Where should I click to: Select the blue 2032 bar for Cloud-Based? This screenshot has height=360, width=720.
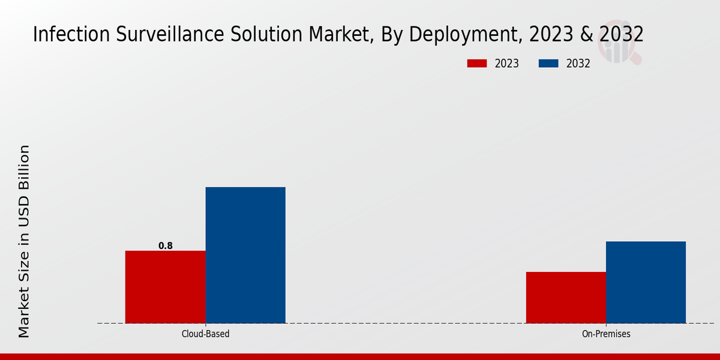[x=245, y=255]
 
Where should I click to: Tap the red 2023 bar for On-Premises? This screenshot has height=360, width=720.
[x=566, y=298]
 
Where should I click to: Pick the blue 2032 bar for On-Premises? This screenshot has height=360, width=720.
[x=646, y=282]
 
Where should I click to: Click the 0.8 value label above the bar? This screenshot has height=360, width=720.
[x=166, y=245]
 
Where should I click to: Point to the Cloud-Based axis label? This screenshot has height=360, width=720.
[x=205, y=334]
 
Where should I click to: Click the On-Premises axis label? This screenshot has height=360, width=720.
[x=606, y=334]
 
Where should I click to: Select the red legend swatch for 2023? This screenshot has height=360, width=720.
[x=478, y=64]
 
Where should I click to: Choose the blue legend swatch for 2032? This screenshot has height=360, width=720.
[x=549, y=64]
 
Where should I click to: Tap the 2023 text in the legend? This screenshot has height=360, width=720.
[x=507, y=64]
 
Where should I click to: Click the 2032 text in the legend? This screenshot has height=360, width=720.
[x=578, y=64]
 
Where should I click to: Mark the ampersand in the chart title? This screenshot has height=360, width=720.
[x=588, y=35]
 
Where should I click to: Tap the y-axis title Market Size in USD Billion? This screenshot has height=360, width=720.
[x=24, y=241]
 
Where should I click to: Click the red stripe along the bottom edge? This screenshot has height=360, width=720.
[x=360, y=356]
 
